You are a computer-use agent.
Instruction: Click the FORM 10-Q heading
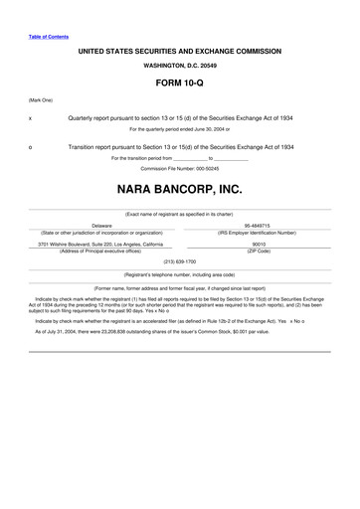coord(180,84)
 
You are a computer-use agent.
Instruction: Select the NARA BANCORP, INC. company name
coord(180,188)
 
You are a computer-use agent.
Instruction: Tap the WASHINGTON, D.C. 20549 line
coord(180,64)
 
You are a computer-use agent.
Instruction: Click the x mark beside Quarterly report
coord(31,118)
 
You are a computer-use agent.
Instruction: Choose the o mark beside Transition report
coord(31,147)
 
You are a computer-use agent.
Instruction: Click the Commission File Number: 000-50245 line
coord(180,168)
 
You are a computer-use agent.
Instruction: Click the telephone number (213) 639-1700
coord(180,261)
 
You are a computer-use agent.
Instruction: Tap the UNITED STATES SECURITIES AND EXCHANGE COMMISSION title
coord(180,48)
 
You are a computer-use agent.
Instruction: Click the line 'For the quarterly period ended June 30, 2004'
coord(180,129)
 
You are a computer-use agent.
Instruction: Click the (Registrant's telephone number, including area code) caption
coord(180,273)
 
